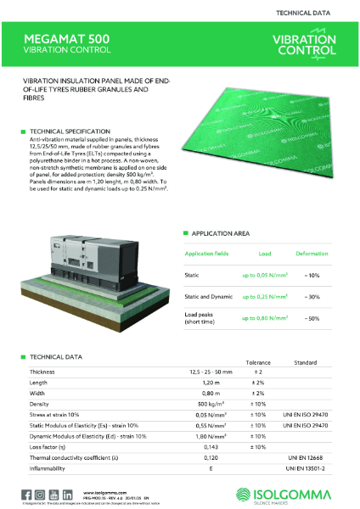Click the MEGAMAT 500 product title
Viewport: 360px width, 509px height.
point(60,39)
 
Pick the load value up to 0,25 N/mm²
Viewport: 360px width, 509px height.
point(264,296)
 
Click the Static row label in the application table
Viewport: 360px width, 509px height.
point(193,275)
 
